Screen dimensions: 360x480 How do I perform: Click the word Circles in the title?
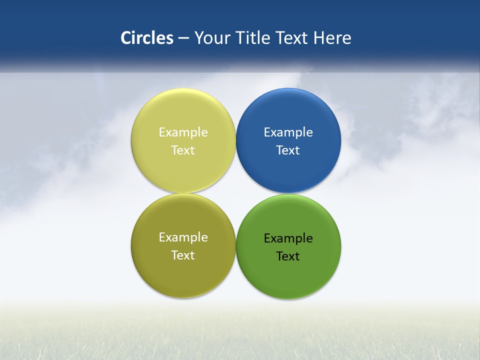click(x=146, y=38)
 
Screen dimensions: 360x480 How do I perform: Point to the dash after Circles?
click(x=183, y=38)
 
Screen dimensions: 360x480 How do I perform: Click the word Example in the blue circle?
click(x=288, y=132)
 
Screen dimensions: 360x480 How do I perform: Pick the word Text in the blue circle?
click(x=288, y=150)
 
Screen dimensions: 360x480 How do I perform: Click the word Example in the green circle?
click(x=288, y=238)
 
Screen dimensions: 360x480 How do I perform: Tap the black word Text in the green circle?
click(x=288, y=256)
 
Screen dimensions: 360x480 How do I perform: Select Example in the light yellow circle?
click(x=183, y=132)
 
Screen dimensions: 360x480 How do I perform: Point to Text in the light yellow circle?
click(x=183, y=150)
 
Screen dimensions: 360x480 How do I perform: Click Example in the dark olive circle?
click(x=183, y=237)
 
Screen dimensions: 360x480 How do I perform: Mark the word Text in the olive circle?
click(x=183, y=255)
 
